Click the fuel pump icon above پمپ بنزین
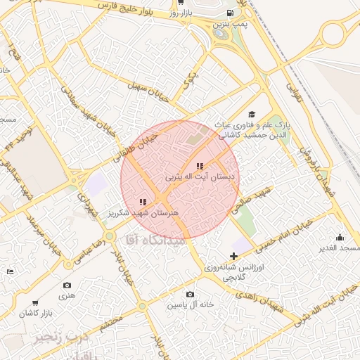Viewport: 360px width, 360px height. click(x=229, y=13)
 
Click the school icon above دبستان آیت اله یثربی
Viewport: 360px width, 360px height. click(x=200, y=166)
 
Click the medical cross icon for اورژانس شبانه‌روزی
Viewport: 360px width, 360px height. click(x=233, y=257)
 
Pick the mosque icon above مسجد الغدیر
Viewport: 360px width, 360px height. click(x=340, y=238)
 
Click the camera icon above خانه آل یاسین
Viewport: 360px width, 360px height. click(x=190, y=295)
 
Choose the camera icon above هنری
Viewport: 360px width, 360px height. click(x=67, y=285)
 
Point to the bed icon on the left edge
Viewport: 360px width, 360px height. click(x=9, y=271)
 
